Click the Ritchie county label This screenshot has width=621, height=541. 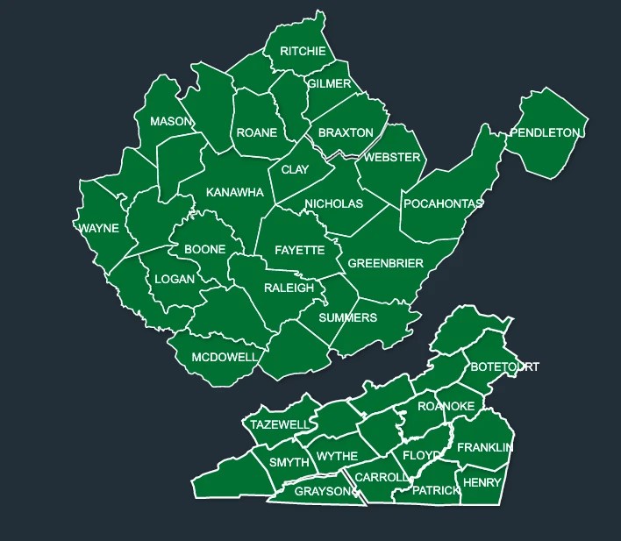point(303,52)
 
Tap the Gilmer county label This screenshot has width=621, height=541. point(329,84)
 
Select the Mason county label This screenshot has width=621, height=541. point(171,122)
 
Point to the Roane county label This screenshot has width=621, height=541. point(257,133)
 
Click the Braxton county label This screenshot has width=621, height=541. point(346,133)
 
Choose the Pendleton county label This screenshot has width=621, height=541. point(545,133)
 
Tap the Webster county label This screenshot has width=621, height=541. point(393,158)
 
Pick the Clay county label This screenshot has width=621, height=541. point(295,170)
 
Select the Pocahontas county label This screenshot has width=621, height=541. point(443,204)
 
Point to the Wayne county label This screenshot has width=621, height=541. point(98,229)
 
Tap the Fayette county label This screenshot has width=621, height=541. point(299,251)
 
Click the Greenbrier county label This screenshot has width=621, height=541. point(386,264)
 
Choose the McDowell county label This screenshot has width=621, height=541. point(225,358)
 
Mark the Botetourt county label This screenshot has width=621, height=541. point(505,367)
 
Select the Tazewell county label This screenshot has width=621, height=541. point(280,425)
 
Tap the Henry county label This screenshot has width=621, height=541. point(482,483)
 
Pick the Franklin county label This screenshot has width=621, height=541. point(484,448)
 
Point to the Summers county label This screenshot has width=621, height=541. point(348,318)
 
